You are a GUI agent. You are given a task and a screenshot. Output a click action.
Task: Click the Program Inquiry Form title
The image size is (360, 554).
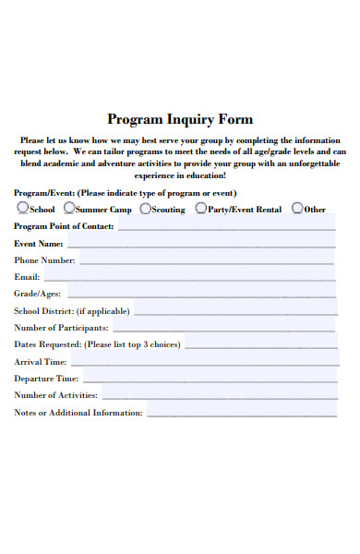pyautogui.click(x=180, y=119)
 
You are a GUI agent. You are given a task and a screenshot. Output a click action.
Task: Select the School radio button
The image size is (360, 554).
pyautogui.click(x=22, y=209)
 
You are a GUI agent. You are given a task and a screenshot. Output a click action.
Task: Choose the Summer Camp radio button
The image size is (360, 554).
pyautogui.click(x=68, y=209)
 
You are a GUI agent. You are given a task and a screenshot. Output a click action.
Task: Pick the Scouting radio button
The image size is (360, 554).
pyautogui.click(x=146, y=209)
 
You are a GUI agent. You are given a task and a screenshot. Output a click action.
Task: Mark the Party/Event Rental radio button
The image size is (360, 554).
pyautogui.click(x=200, y=209)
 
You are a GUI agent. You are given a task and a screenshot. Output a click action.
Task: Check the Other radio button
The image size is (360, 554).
pyautogui.click(x=296, y=209)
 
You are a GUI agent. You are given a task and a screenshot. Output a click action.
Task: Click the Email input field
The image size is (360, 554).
pyautogui.click(x=190, y=276)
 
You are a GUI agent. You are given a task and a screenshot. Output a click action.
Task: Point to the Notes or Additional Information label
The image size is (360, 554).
pyautogui.click(x=78, y=413)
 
